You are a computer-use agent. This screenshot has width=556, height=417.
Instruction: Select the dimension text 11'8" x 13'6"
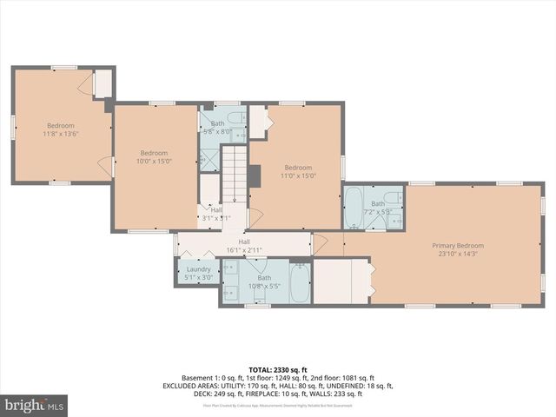pyautogui.click(x=61, y=134)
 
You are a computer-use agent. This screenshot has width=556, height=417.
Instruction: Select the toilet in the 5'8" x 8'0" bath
pyautogui.click(x=235, y=119)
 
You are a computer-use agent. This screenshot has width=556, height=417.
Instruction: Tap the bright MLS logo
pyautogui.click(x=34, y=405)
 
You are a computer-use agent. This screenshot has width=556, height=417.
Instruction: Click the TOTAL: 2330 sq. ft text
pyautogui.click(x=277, y=370)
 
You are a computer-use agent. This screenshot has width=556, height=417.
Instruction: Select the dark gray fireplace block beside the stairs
pyautogui.click(x=255, y=175)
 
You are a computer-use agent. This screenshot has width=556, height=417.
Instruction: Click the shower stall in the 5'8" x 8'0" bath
pyautogui.click(x=209, y=157)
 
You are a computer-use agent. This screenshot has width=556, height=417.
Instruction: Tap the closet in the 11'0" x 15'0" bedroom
pyautogui.click(x=260, y=119)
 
